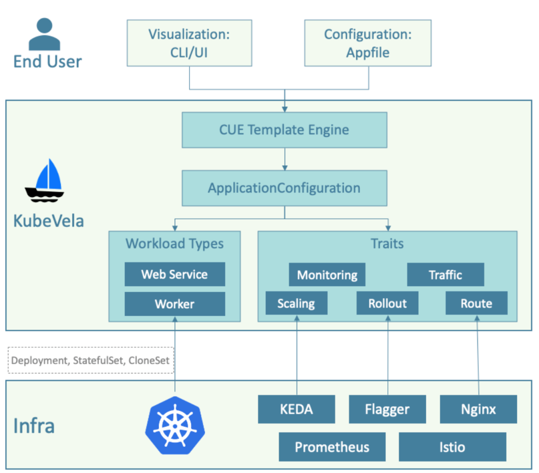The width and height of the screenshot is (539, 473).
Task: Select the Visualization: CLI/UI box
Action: click(189, 43)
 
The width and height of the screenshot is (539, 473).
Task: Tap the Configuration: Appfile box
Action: click(368, 43)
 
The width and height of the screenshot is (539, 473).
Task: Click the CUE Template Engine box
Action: click(284, 130)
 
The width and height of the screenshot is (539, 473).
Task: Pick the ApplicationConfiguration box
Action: click(284, 188)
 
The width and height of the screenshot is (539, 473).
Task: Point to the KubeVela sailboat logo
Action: click(44, 181)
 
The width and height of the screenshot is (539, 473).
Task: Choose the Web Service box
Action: click(175, 274)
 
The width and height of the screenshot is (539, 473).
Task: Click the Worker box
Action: click(175, 304)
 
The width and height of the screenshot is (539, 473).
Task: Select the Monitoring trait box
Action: click(327, 275)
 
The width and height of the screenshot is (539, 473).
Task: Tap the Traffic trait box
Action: click(445, 275)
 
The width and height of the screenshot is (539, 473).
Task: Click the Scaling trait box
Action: click(296, 303)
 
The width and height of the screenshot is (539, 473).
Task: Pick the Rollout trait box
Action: click(387, 303)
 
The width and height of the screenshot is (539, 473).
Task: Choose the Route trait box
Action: click(476, 303)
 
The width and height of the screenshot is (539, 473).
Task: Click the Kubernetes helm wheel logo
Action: click(175, 425)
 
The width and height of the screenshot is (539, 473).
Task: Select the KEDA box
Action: click(296, 410)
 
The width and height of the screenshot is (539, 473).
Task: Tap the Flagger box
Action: click(387, 410)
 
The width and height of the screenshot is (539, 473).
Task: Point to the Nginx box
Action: click(478, 410)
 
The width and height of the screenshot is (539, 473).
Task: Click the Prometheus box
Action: click(332, 447)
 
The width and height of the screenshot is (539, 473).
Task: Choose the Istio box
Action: click(452, 447)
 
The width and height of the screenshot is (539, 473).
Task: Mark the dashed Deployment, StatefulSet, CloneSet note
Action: click(91, 360)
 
